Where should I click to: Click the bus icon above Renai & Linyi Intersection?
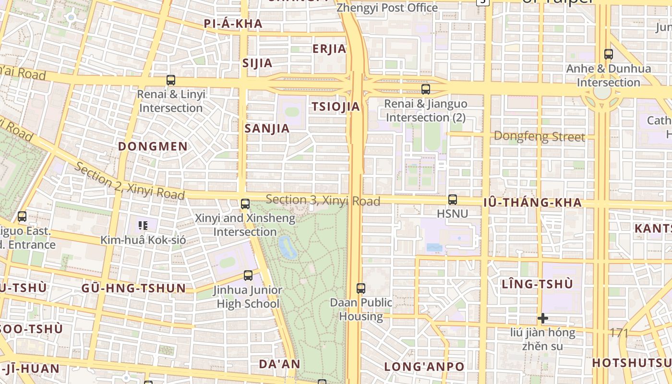(171, 80)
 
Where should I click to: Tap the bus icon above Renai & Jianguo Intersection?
(426, 89)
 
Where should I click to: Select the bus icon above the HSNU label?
(452, 199)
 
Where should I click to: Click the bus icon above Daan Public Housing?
(361, 288)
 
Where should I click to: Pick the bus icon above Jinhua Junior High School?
(248, 276)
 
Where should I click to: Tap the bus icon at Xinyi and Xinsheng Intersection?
(245, 204)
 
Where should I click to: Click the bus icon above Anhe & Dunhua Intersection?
(609, 54)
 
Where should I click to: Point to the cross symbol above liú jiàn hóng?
(543, 318)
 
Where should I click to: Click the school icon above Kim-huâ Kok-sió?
(143, 225)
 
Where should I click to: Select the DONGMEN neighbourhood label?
(153, 146)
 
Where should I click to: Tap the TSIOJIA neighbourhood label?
(336, 107)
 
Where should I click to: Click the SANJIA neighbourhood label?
(267, 128)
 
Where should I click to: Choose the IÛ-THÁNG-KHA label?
(532, 203)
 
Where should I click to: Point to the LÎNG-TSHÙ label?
(537, 284)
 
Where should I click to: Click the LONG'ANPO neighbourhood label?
(424, 367)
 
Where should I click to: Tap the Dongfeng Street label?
(539, 137)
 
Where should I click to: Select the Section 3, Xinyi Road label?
(323, 200)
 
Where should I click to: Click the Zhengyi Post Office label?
(387, 8)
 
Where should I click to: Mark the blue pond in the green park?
(287, 247)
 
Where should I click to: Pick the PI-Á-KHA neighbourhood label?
(233, 24)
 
